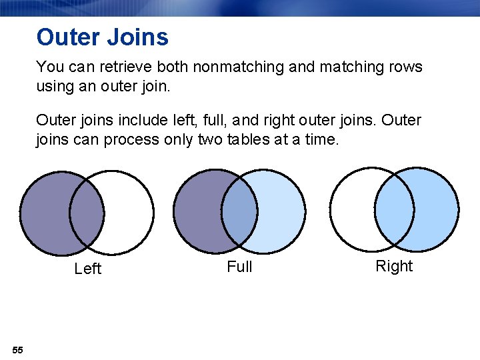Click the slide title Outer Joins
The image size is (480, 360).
(103, 37)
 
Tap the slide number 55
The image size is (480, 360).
(17, 350)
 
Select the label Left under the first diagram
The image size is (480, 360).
(87, 269)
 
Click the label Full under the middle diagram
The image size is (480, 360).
(239, 267)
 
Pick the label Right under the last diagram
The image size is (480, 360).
(394, 266)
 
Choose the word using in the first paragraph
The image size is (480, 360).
(56, 86)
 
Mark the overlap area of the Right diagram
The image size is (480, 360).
(394, 208)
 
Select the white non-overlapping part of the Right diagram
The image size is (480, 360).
(352, 208)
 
